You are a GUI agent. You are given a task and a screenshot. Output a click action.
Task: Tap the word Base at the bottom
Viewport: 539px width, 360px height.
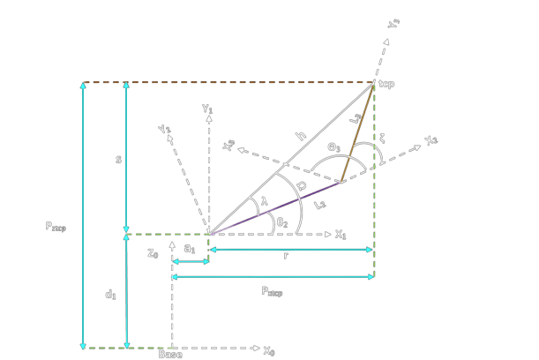170,355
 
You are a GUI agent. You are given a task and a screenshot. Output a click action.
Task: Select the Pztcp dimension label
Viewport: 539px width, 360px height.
56,226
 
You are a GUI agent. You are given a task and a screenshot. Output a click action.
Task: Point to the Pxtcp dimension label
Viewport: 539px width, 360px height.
276,291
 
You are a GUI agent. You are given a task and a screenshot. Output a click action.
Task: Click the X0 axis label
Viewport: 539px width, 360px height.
269,350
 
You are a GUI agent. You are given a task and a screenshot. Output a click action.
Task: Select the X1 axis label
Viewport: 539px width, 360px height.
341,235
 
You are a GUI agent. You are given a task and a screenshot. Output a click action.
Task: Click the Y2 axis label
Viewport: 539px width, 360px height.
164,131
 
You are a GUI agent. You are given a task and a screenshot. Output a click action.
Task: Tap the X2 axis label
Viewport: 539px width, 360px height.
430,141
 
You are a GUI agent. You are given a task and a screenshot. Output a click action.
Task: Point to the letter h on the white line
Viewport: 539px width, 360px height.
300,137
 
